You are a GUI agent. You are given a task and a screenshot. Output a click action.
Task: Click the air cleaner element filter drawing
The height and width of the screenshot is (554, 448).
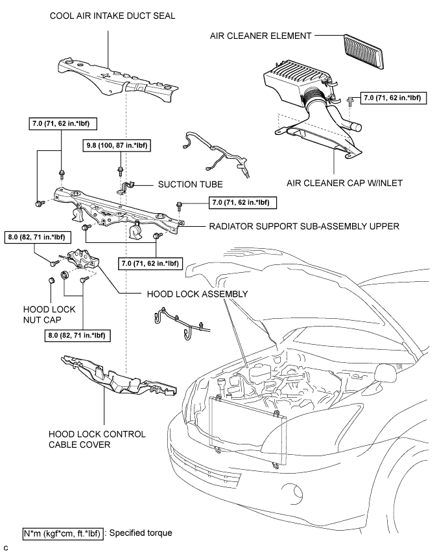364,52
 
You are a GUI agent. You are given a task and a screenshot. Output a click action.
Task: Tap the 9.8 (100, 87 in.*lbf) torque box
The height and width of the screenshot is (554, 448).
117,145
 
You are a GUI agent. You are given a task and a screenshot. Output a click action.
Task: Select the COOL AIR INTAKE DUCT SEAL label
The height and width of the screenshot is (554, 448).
112,16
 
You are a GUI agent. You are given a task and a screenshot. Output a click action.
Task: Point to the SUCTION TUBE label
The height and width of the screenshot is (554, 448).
190,185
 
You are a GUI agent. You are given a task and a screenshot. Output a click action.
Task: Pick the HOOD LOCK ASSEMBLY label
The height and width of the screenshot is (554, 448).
197,294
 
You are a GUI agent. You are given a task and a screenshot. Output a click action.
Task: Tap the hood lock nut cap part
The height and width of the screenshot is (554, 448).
51,280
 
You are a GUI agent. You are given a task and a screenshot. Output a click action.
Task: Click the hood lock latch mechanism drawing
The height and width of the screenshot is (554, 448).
84,260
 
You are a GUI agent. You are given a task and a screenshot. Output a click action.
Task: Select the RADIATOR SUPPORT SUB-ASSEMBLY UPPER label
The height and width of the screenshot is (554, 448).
304,226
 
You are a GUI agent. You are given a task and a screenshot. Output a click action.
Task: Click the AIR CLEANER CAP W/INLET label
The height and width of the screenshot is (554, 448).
344,183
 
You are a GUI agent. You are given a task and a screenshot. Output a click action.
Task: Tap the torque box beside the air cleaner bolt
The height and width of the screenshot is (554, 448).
393,98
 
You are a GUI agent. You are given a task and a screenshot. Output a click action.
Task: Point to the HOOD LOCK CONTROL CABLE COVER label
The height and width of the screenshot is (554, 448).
97,439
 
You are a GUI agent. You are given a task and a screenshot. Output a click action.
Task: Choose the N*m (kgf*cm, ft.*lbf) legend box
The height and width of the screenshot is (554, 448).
63,533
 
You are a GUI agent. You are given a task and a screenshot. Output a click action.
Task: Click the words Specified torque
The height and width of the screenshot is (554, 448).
141,533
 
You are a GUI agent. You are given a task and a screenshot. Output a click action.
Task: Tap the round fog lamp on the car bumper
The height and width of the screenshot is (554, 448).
294,491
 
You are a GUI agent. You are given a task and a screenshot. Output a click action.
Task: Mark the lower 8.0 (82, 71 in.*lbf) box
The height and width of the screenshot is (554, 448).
77,335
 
